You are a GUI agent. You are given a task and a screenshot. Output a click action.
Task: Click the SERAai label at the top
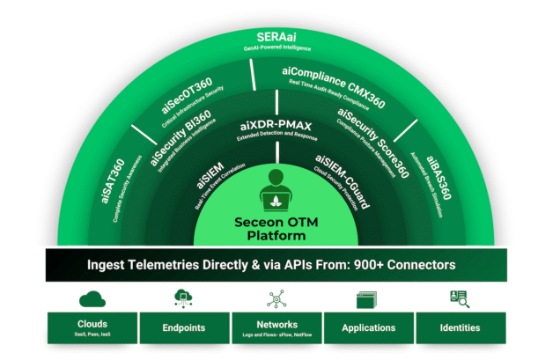280,36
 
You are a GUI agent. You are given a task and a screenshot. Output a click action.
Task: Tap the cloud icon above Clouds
92,298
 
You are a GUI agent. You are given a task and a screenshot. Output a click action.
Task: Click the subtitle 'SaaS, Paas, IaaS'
92,335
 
